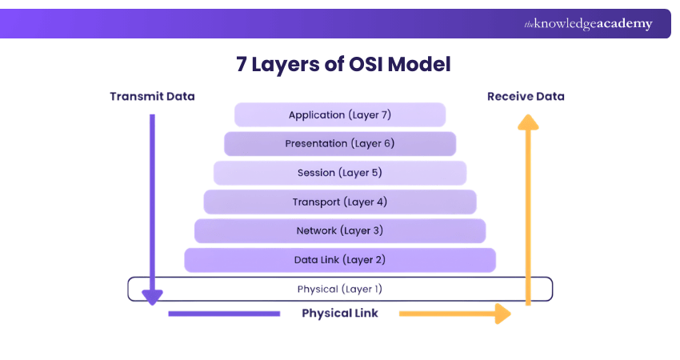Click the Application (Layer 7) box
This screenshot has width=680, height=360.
click(340, 115)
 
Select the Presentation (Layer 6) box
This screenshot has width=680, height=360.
click(340, 144)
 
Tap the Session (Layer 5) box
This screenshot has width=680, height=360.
click(340, 173)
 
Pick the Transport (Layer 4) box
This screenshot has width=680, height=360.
click(340, 202)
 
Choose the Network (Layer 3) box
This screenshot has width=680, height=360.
click(340, 231)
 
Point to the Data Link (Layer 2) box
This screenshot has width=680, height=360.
click(340, 260)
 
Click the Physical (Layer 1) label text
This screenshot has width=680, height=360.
click(340, 289)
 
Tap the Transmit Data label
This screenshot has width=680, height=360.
click(152, 96)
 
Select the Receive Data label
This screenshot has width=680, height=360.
click(526, 96)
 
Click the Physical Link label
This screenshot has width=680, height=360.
click(340, 314)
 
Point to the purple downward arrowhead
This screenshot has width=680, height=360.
click(152, 296)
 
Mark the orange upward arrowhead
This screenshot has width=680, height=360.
click(526, 122)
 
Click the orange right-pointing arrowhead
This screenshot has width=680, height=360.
click(502, 314)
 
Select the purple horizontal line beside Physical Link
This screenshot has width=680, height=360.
click(224, 314)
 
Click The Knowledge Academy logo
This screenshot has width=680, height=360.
click(588, 24)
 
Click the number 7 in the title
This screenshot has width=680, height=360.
click(242, 65)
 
